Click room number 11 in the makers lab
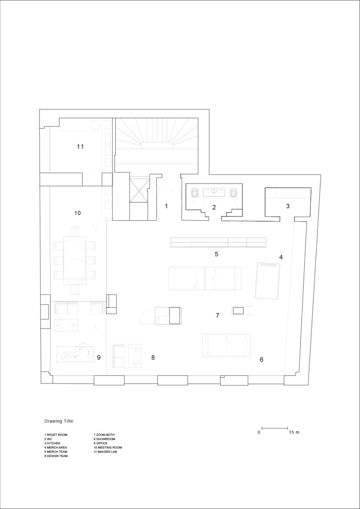[80, 147]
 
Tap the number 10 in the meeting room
[77, 213]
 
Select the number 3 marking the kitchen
[288, 206]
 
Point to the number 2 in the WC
[214, 207]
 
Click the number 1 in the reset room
[166, 206]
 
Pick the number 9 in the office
[99, 358]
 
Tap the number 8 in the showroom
[153, 358]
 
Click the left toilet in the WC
[195, 193]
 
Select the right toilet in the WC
[233, 193]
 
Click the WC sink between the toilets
[214, 193]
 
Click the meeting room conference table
[75, 258]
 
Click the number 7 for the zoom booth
[217, 315]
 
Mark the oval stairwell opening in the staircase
[157, 145]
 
